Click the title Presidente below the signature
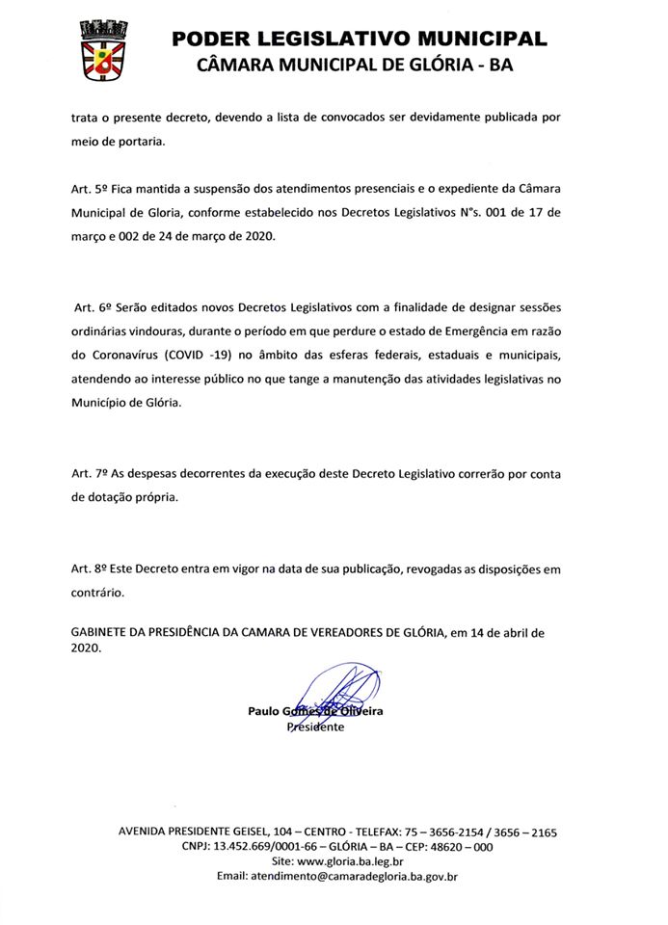point(315,727)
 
